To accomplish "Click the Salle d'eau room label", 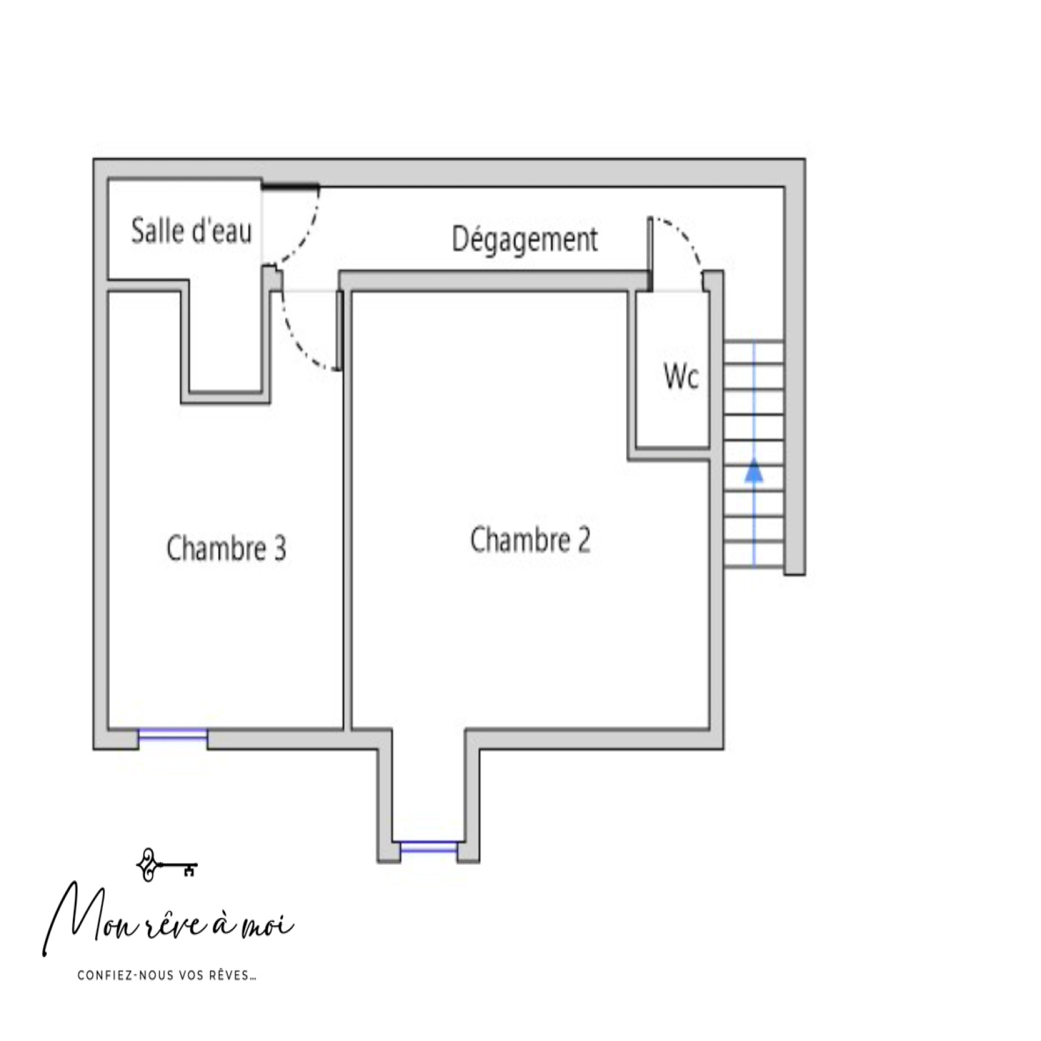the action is [x=191, y=231].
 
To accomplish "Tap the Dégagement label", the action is [x=524, y=239].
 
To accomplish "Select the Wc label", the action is [x=681, y=376].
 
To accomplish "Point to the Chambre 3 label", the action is [x=226, y=548].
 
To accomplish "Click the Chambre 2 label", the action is [x=530, y=540].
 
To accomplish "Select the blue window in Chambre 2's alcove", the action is [x=429, y=847].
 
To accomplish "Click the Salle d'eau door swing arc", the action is [x=307, y=238].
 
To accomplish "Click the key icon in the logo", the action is [x=167, y=865].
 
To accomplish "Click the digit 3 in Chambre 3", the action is [x=280, y=548].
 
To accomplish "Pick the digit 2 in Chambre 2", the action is [x=584, y=540].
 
